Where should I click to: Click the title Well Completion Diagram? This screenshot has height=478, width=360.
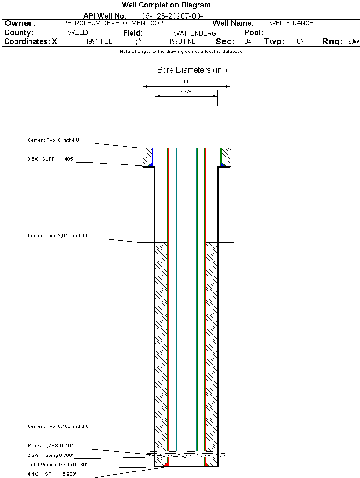[166, 5]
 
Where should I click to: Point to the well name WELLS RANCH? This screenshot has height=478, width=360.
[291, 23]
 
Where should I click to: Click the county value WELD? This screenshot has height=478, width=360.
[78, 33]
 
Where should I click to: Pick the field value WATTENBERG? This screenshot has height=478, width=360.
[195, 33]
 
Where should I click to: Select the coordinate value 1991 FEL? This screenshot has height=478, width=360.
[99, 42]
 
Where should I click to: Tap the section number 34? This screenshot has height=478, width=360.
[248, 42]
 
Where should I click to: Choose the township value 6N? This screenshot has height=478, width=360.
[301, 42]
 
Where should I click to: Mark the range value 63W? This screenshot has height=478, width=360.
[353, 42]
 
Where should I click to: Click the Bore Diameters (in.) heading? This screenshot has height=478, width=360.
[192, 70]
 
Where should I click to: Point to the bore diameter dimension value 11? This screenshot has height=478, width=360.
[186, 82]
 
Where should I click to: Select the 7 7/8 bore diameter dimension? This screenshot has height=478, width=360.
[185, 92]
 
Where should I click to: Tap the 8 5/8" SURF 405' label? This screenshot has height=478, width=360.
[51, 159]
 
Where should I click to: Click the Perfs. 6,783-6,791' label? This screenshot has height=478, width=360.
[51, 445]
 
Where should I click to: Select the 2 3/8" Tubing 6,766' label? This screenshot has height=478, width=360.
[50, 455]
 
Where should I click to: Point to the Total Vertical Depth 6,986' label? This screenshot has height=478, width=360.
[57, 465]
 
